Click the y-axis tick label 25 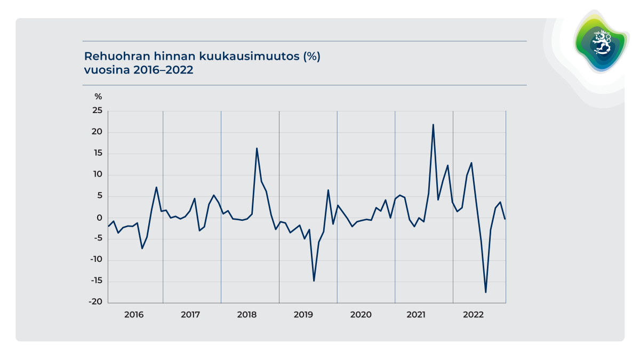(97, 111)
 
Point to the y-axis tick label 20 (97, 132)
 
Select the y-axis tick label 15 (97, 154)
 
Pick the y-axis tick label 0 (99, 218)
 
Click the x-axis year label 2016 (134, 315)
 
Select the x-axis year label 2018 (247, 315)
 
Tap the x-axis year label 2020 (361, 315)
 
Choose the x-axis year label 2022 (474, 315)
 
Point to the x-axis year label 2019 (303, 315)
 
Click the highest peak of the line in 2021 (433, 124)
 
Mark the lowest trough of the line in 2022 (486, 292)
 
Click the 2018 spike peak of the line (257, 148)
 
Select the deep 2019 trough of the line (314, 281)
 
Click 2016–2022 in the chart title (162, 70)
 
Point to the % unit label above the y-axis (98, 97)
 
